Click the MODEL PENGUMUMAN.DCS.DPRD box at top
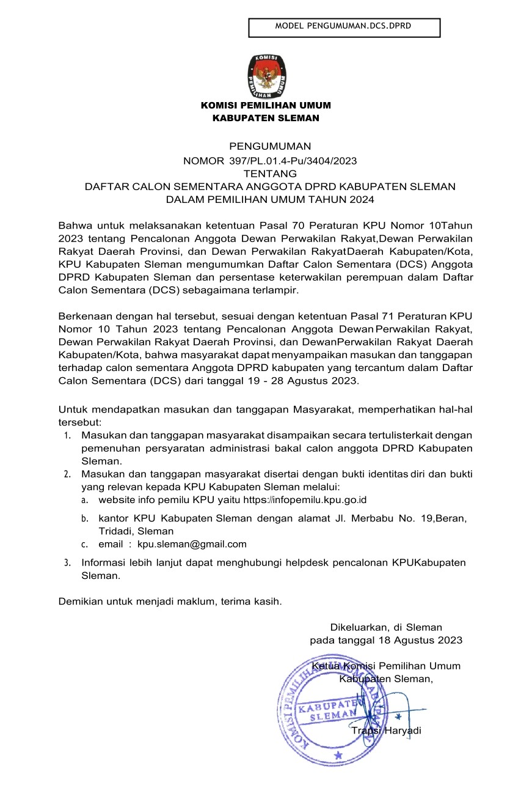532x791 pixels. click(x=344, y=27)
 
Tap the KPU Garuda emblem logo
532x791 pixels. click(x=266, y=77)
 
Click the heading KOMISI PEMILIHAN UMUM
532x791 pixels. click(x=266, y=106)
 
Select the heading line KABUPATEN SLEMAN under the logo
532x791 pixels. click(x=266, y=118)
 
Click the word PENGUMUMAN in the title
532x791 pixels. click(x=270, y=146)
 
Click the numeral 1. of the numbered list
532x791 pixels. click(x=67, y=436)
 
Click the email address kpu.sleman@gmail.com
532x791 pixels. click(x=192, y=544)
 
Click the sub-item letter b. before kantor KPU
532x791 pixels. click(x=85, y=518)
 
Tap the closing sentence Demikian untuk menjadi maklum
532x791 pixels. click(x=170, y=601)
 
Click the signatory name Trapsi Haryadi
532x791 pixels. click(x=386, y=730)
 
